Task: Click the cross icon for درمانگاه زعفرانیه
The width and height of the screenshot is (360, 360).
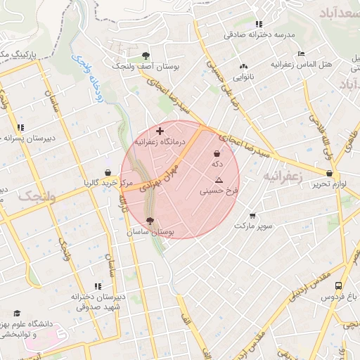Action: coord(160,131)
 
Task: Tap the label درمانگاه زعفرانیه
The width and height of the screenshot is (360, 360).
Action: coord(160,142)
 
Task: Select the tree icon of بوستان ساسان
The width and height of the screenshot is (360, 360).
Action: coord(150,221)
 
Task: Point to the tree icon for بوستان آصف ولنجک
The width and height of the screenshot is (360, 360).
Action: coord(146,55)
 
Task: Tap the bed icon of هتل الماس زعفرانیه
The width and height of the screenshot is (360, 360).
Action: coord(301,53)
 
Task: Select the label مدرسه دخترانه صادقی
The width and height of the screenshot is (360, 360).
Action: coord(259,34)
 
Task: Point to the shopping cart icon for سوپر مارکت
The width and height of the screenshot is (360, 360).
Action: coord(252,215)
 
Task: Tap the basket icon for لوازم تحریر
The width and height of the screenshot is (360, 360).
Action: coord(329,173)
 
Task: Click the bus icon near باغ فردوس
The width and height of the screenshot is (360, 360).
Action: coord(339,286)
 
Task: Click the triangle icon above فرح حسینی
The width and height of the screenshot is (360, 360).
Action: coord(219,180)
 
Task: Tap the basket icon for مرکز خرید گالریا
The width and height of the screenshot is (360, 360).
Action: coord(107,172)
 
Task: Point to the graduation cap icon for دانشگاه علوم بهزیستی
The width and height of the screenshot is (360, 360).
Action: coord(17,314)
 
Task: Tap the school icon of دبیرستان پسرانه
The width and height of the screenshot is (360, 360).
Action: coord(20,127)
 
